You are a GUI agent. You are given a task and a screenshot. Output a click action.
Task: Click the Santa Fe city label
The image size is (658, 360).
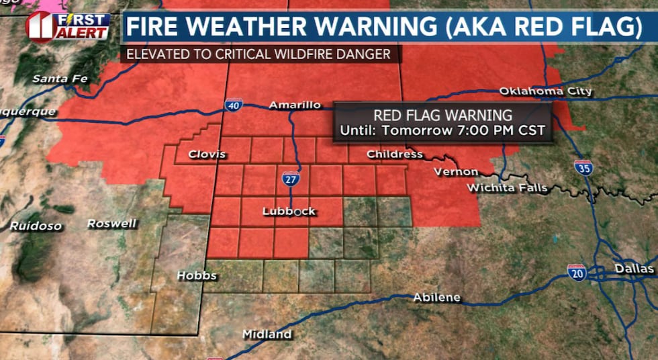tap(60, 79)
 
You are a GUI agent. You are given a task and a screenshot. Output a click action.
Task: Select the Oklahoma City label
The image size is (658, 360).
tap(545, 91)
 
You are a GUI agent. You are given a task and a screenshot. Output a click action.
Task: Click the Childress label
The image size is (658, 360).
tap(395, 154)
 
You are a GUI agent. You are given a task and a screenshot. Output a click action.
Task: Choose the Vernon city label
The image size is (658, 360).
tap(456, 172)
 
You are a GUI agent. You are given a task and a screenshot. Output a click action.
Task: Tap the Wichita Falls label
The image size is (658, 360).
tap(508, 187)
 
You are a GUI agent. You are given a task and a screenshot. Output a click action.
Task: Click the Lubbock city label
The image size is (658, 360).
tap(289, 212)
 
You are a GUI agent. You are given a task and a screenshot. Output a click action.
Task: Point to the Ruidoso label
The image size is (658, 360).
tap(34, 226)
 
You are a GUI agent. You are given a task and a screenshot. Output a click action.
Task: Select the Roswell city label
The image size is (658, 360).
tap(111, 224)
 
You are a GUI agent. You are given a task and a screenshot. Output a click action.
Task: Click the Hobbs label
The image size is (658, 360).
tap(196, 275)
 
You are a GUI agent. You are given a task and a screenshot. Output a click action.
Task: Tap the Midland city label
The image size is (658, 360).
tap(267, 334)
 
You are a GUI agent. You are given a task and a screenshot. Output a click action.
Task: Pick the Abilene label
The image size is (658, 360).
tap(436, 297)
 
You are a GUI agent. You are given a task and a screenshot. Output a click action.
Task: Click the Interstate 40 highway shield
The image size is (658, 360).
tap(234, 105)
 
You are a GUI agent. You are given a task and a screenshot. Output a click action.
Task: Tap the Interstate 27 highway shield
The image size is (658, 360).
tap(291, 179)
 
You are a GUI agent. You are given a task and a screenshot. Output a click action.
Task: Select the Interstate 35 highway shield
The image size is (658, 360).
tap(583, 168)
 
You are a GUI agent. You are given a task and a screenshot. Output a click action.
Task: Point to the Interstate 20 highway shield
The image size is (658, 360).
tap(577, 272)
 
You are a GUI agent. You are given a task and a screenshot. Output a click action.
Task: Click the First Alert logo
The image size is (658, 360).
tap(67, 26)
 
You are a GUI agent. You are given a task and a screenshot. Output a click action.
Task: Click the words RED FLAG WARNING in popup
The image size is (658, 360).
tap(442, 116)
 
